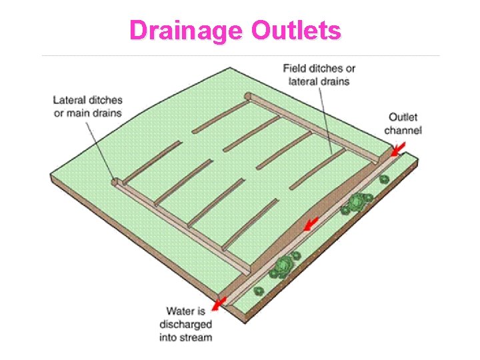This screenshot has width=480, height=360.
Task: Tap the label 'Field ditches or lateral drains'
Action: [x=319, y=75]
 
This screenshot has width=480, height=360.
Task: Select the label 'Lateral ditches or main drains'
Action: [x=88, y=106]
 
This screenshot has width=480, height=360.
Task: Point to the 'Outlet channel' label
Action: [x=404, y=123]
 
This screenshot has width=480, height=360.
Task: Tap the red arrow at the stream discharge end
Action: [x=218, y=304]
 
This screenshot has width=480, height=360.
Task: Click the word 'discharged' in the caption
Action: [x=185, y=324]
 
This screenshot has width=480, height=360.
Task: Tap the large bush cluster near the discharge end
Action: [x=283, y=266]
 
